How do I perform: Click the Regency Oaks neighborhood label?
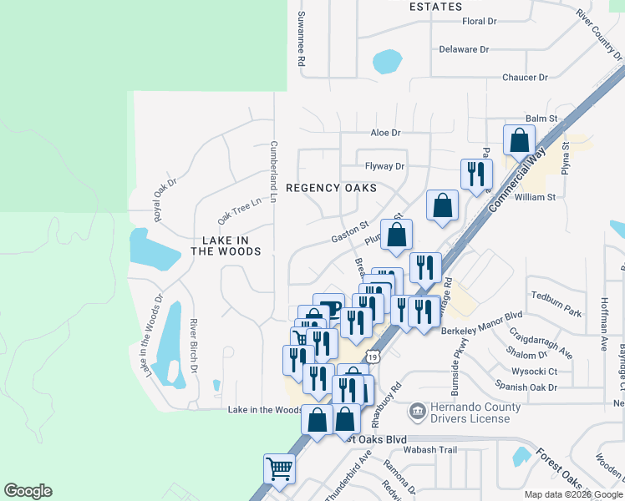(x=331, y=189)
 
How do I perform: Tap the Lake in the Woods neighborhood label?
(x=226, y=245)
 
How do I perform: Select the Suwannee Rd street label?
(x=301, y=40)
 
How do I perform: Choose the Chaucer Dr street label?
(x=525, y=78)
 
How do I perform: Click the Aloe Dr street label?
(x=386, y=133)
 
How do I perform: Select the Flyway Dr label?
(x=384, y=166)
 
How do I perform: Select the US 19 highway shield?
(x=373, y=357)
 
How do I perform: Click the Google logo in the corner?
(x=28, y=491)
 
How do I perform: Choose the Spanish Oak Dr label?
(x=526, y=387)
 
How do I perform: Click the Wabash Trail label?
(x=432, y=450)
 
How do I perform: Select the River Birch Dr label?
(x=193, y=345)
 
